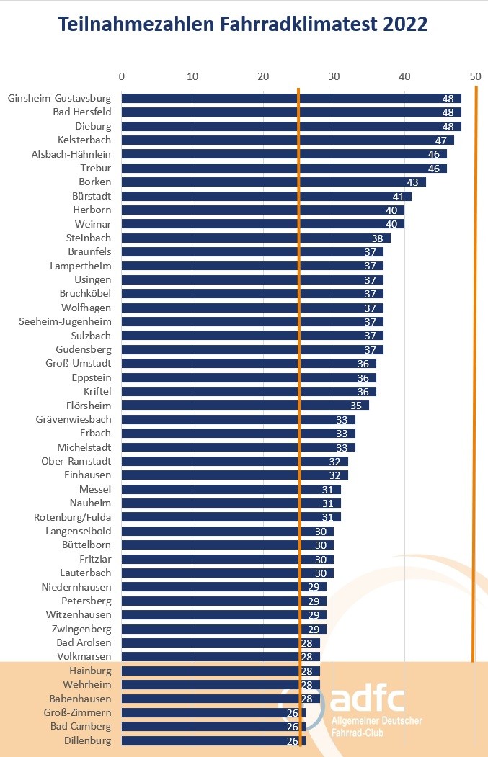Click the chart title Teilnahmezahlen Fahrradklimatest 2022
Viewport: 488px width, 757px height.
click(x=243, y=24)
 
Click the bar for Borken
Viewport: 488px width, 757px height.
click(x=273, y=182)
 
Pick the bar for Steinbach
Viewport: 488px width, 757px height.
click(x=255, y=238)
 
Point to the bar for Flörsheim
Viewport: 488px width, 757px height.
click(x=245, y=405)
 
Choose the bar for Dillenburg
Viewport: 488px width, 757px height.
click(x=213, y=740)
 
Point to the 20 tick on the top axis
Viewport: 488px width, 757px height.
click(x=263, y=76)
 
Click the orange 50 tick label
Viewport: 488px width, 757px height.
click(x=474, y=76)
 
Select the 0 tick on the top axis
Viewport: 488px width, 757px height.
click(x=121, y=76)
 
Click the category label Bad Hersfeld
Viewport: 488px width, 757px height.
click(x=82, y=112)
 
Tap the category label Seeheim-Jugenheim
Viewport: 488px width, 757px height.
click(x=66, y=321)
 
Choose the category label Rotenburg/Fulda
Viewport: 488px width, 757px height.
click(x=73, y=516)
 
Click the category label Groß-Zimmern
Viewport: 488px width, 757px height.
click(x=77, y=712)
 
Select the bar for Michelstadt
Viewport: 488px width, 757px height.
click(x=238, y=447)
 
